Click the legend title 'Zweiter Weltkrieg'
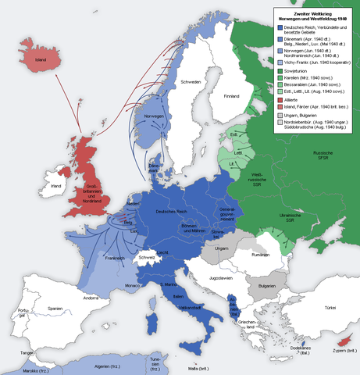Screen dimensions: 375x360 (307, 13)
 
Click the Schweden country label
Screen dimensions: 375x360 (191, 82)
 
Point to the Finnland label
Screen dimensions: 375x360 (232, 96)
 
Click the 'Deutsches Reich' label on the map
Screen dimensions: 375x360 (173, 212)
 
